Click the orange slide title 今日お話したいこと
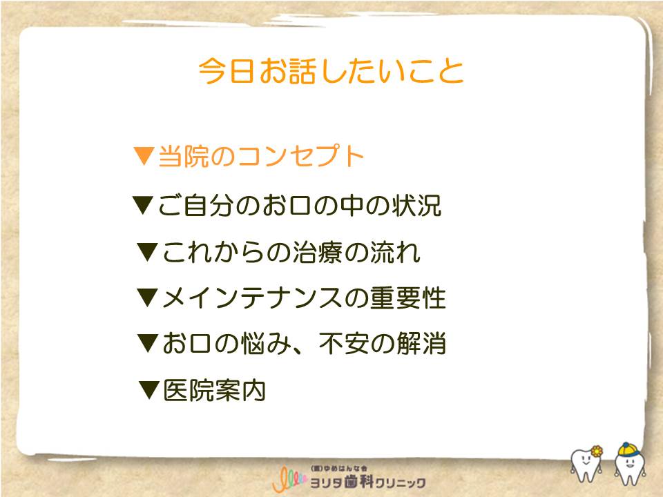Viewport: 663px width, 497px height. click(x=331, y=70)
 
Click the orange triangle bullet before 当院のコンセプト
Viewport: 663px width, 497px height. click(x=143, y=155)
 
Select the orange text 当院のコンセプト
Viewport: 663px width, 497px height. click(x=261, y=155)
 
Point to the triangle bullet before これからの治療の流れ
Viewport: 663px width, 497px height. click(x=147, y=252)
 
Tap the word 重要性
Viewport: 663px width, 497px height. click(x=408, y=298)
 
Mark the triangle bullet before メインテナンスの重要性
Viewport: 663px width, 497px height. click(x=148, y=298)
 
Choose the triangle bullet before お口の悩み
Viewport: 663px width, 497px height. click(x=148, y=343)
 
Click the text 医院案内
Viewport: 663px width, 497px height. click(x=214, y=390)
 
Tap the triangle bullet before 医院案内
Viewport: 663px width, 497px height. click(x=149, y=390)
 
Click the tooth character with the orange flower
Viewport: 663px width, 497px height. click(x=587, y=463)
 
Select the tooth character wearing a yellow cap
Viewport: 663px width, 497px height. click(x=630, y=463)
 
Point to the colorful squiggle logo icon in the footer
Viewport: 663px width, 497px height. click(x=289, y=479)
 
